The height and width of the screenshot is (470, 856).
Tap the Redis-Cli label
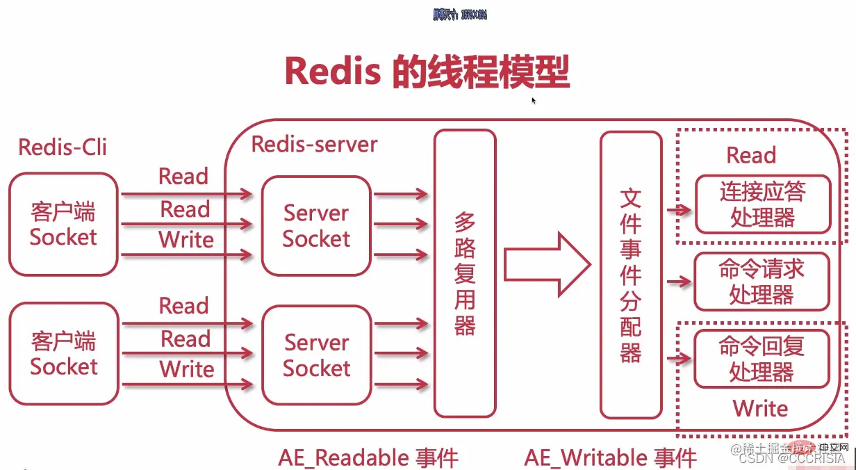click(63, 147)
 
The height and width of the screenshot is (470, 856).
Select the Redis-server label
click(314, 144)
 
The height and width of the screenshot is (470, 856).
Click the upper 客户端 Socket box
click(63, 224)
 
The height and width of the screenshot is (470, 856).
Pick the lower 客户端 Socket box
click(63, 353)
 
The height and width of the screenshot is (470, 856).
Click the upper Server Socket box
click(316, 225)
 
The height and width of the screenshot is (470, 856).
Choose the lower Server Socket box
click(316, 355)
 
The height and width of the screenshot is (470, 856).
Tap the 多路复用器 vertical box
click(465, 273)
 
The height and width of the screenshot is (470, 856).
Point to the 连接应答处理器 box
click(762, 204)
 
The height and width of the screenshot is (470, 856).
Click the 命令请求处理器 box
click(762, 282)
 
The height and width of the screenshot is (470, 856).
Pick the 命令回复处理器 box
click(762, 359)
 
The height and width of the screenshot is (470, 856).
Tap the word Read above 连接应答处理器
click(751, 155)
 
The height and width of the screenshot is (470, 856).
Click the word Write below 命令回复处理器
click(760, 408)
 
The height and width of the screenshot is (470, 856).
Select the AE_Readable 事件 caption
click(368, 457)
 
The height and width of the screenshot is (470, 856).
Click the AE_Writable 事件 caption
click(610, 457)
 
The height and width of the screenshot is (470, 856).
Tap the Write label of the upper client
click(186, 240)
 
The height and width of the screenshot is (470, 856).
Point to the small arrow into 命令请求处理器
click(679, 282)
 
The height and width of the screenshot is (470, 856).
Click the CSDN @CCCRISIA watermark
click(791, 458)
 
